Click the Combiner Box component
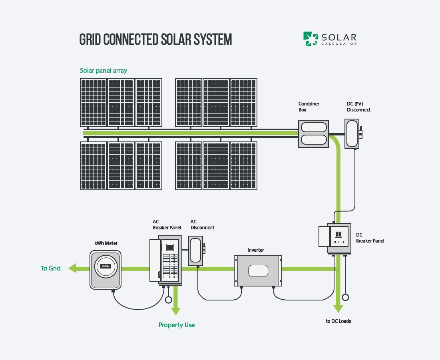pyautogui.click(x=314, y=134)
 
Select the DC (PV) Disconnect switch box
pyautogui.click(x=352, y=134)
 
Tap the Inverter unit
pyautogui.click(x=258, y=271)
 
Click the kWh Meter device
pyautogui.click(x=106, y=269)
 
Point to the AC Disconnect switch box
pyautogui.click(x=196, y=251)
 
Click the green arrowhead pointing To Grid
pyautogui.click(x=72, y=269)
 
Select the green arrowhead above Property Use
pyautogui.click(x=176, y=310)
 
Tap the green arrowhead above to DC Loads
pyautogui.click(x=338, y=308)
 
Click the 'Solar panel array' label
pyautogui.click(x=104, y=71)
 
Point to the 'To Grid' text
pyautogui.click(x=51, y=268)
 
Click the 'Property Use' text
pyautogui.click(x=177, y=325)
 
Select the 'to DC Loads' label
pyautogui.click(x=338, y=321)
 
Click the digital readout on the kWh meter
pyautogui.click(x=106, y=266)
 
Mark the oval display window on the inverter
pyautogui.click(x=258, y=270)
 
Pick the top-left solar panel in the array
pyautogui.click(x=94, y=103)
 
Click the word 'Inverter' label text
pyautogui.click(x=256, y=250)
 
